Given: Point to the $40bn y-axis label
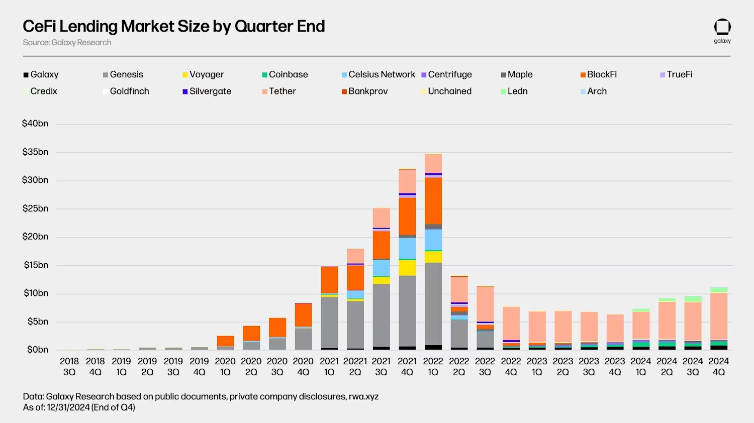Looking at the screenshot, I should tap(35, 124).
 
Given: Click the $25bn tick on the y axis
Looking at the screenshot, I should tap(35, 208).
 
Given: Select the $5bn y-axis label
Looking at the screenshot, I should tap(38, 322).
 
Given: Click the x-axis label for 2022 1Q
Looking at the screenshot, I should tap(433, 367).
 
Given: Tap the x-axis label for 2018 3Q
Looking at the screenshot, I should tap(69, 367).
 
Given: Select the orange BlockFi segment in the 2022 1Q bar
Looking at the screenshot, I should tap(433, 201).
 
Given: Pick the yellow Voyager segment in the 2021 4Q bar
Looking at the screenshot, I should tap(407, 268).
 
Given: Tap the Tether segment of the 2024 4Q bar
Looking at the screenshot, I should tap(719, 316).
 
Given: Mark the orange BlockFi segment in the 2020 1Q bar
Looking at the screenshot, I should tap(225, 341).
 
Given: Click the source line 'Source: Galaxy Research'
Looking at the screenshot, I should tap(67, 43).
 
